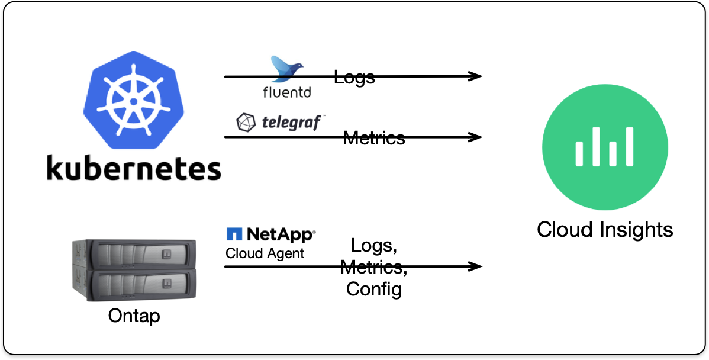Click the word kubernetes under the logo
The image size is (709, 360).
click(134, 168)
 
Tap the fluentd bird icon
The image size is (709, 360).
click(286, 69)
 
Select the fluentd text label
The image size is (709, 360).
click(286, 92)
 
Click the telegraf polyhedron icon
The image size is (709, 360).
click(245, 123)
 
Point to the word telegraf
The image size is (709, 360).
click(292, 123)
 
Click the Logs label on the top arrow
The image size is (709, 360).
click(354, 77)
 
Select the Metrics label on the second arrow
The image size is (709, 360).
click(374, 138)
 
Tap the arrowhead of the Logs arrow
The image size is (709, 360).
click(476, 76)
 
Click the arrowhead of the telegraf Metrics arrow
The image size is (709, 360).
click(476, 137)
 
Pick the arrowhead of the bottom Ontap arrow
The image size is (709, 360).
click(476, 266)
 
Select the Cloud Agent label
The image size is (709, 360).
click(265, 253)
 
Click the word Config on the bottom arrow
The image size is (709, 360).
click(374, 289)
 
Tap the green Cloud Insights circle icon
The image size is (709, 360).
click(605, 147)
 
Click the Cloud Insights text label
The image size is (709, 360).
click(605, 229)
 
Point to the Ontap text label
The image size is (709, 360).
click(134, 316)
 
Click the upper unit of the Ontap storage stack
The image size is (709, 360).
click(133, 254)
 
